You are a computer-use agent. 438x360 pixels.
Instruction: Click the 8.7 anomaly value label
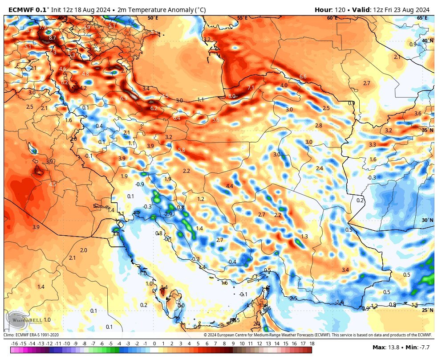(53, 38)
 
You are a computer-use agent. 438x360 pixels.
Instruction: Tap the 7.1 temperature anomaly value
(251, 87)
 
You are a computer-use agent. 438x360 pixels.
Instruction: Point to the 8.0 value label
(232, 96)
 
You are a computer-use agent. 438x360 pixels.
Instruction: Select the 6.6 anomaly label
(303, 77)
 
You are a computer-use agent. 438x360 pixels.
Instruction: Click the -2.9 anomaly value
(167, 214)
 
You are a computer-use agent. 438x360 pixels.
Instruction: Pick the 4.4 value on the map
(230, 186)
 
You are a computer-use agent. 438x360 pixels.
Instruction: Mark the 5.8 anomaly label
(181, 150)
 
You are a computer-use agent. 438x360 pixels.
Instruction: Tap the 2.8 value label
(318, 126)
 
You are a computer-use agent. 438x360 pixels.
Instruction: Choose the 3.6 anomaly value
(418, 114)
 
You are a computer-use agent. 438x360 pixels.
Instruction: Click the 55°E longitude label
(242, 18)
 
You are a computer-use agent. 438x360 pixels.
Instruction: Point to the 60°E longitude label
(332, 18)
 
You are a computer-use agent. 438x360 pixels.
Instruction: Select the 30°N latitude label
(427, 220)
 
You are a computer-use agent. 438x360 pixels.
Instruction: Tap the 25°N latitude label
(427, 310)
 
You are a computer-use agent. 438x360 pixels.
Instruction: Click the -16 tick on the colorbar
(14, 344)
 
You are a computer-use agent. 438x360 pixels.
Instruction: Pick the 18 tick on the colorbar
(312, 344)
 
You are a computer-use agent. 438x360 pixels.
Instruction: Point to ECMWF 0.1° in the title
(29, 9)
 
